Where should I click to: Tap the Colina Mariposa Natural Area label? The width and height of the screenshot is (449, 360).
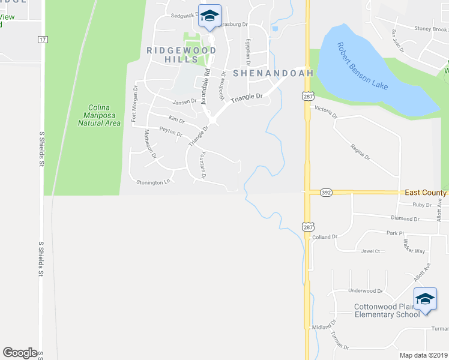click(x=100, y=115)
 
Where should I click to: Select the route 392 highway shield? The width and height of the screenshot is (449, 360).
click(x=326, y=193)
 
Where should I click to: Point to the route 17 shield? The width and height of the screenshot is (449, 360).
click(x=42, y=40)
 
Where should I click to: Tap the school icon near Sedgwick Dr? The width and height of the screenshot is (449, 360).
click(x=209, y=16)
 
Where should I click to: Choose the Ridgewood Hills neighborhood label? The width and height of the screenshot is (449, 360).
click(x=181, y=55)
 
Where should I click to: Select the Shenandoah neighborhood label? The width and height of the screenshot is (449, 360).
click(x=273, y=73)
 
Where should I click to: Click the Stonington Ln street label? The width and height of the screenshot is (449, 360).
click(x=154, y=182)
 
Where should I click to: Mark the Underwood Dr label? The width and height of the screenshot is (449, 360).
click(x=365, y=291)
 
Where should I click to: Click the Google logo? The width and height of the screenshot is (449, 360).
click(x=20, y=352)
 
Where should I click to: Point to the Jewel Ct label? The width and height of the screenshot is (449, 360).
click(x=371, y=251)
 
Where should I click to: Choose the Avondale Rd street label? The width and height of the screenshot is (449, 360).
click(x=206, y=87)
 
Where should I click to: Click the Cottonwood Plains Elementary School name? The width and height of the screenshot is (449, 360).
click(x=387, y=310)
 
